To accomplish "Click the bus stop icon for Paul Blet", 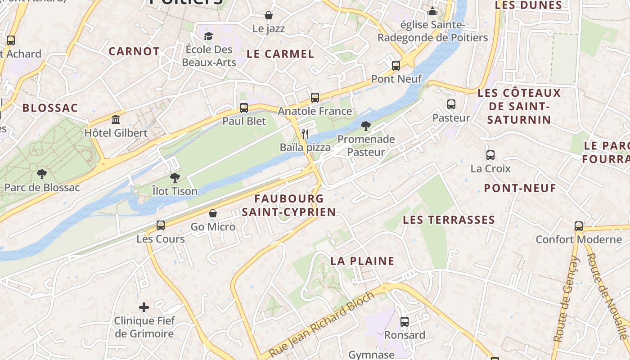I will (244, 108).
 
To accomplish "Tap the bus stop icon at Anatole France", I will (315, 98).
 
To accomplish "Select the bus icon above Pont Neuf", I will (396, 66).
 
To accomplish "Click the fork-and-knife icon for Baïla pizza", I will (305, 134).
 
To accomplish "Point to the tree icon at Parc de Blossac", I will (42, 174).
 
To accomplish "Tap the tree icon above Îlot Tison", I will (175, 178).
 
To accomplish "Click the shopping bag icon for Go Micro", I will (213, 213).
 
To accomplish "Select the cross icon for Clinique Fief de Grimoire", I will (144, 307).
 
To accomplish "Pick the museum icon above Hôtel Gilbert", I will (116, 120).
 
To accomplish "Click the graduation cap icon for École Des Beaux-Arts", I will (208, 36).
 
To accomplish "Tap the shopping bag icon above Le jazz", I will (269, 15).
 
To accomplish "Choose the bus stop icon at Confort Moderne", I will (579, 226).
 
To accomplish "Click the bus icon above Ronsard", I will (405, 321).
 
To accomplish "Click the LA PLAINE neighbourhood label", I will (362, 261).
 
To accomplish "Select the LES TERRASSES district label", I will (449, 220).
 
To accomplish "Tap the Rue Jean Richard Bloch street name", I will (322, 324).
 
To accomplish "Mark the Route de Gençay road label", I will (566, 299).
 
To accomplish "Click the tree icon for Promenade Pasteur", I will (366, 126).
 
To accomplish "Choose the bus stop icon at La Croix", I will (490, 155).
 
